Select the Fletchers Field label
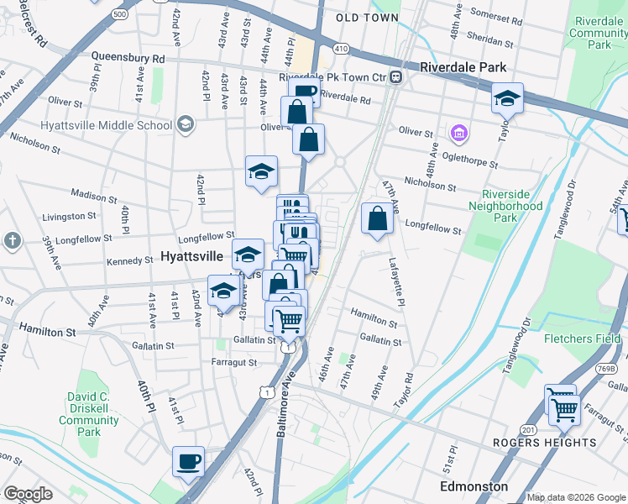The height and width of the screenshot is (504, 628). click(583, 339)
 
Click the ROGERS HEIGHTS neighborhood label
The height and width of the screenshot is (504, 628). click(544, 443)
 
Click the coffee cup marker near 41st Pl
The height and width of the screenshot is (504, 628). click(188, 460)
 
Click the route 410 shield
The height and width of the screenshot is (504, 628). click(340, 50)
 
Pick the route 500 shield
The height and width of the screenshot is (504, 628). click(119, 14)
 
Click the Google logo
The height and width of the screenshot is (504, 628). click(28, 494)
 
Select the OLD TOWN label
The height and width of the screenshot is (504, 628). click(367, 18)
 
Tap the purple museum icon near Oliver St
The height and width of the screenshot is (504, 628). click(458, 133)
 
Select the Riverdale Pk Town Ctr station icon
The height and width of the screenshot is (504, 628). click(395, 77)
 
